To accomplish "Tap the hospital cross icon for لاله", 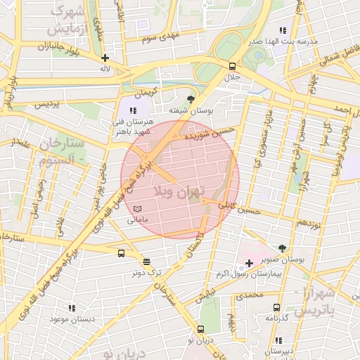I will [x=105, y=58].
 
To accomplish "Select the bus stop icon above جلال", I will [x=231, y=65].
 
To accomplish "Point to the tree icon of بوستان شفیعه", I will [x=191, y=99].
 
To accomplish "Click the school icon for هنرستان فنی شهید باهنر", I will [x=133, y=110].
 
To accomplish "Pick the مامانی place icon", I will [x=138, y=209].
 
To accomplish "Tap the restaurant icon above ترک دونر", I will [x=146, y=261].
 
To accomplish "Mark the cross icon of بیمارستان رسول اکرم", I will [x=249, y=263].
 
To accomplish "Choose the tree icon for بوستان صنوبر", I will [x=282, y=248].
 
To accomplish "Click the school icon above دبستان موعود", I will [x=71, y=308].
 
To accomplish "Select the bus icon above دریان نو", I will [x=201, y=329].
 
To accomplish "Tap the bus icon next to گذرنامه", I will [x=276, y=307].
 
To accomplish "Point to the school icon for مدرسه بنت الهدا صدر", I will [x=282, y=31].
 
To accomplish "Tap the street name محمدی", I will [x=249, y=296].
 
